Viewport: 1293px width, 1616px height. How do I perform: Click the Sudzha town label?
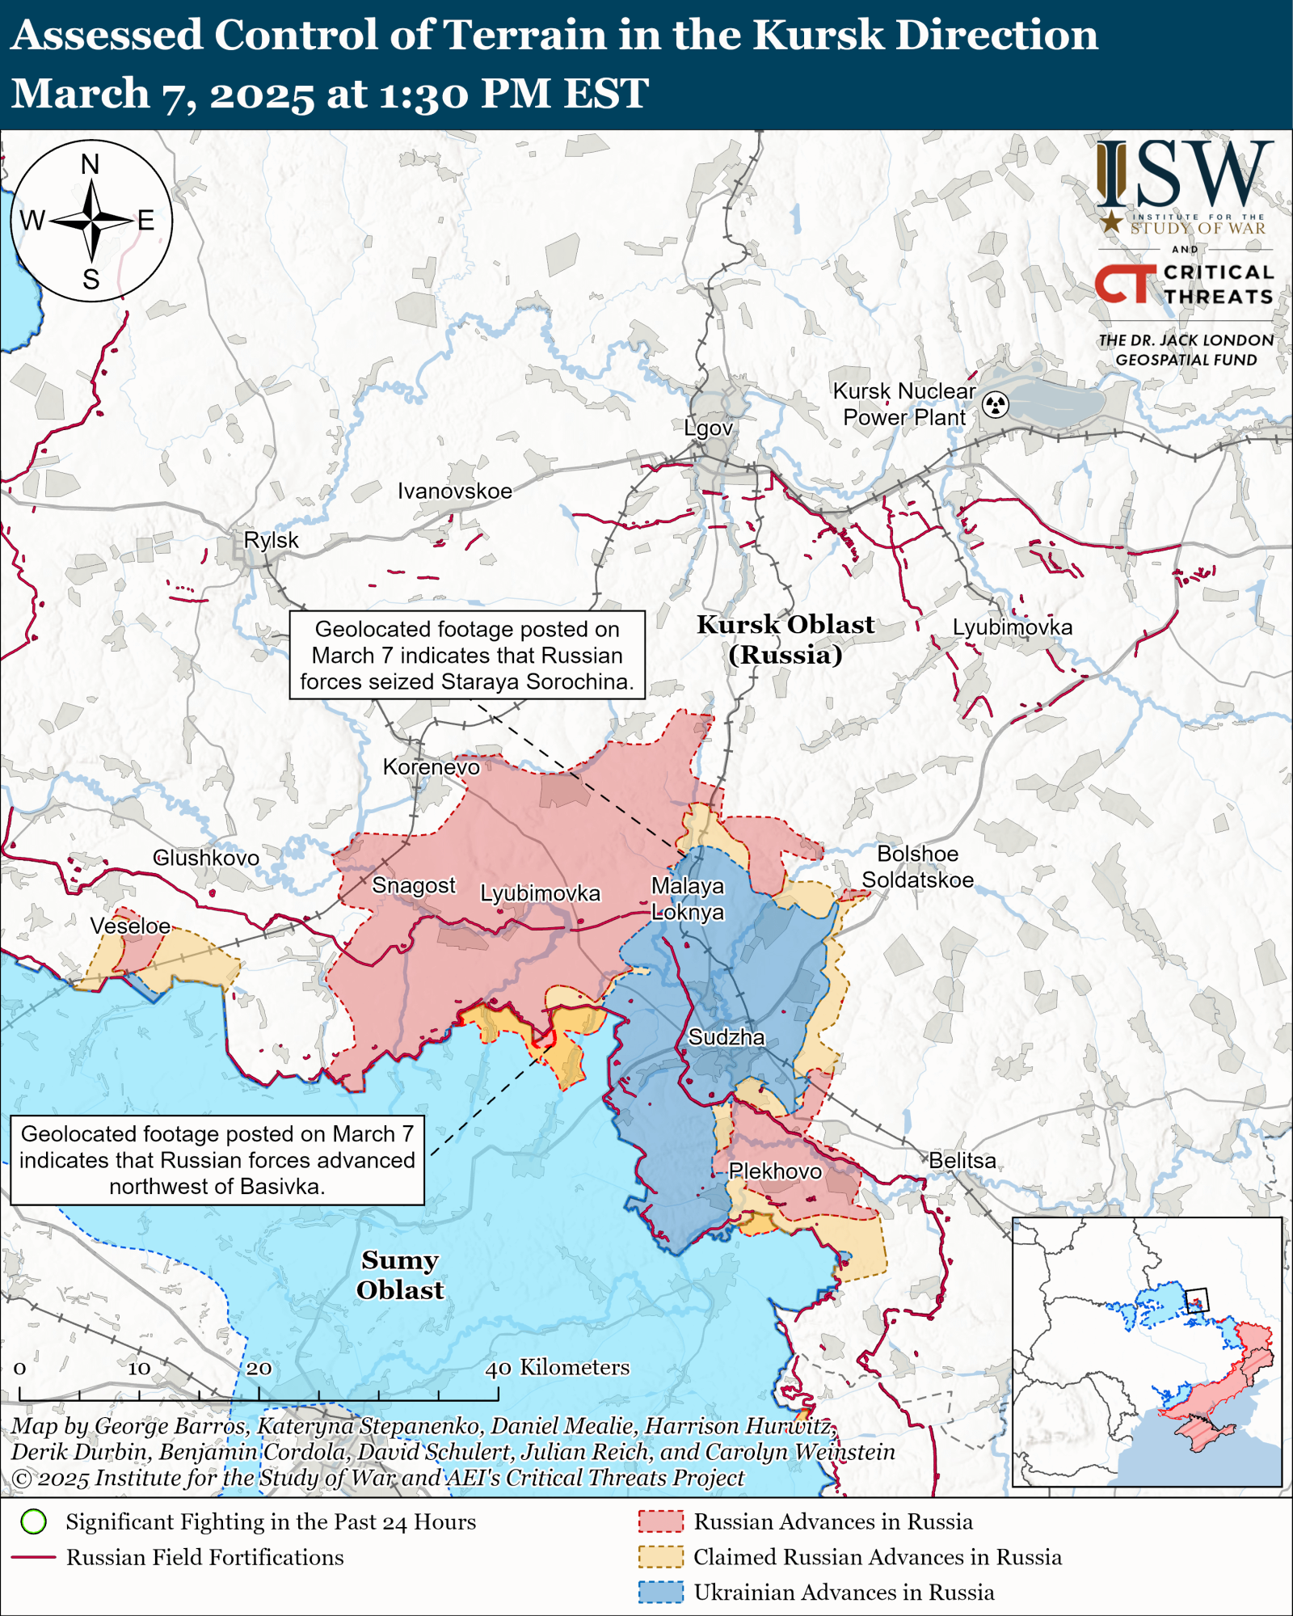click(x=726, y=1037)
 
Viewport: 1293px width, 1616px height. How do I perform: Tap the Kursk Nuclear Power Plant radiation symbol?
click(x=996, y=404)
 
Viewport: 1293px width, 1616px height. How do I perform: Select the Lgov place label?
click(x=708, y=428)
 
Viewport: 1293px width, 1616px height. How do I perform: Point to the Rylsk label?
click(x=271, y=540)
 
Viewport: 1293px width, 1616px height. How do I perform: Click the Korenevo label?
click(x=431, y=766)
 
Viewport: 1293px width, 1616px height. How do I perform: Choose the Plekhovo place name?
click(x=774, y=1171)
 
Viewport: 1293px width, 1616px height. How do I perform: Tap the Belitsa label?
click(x=962, y=1161)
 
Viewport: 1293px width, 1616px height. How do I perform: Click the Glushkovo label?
click(x=206, y=858)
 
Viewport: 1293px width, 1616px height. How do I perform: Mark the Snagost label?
click(x=413, y=885)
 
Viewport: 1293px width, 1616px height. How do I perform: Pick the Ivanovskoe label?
click(x=454, y=491)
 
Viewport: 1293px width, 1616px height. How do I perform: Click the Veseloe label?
click(x=130, y=926)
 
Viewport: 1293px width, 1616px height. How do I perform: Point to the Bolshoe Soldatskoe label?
click(x=917, y=867)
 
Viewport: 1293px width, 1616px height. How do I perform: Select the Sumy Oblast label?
click(x=400, y=1275)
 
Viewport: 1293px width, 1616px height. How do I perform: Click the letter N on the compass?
click(x=91, y=165)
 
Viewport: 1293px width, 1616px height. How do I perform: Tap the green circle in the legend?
click(x=34, y=1522)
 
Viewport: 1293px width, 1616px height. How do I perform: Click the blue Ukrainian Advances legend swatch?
click(x=660, y=1593)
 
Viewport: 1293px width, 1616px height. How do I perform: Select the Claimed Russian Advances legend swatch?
click(x=660, y=1557)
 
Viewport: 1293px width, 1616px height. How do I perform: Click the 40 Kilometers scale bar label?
click(x=557, y=1367)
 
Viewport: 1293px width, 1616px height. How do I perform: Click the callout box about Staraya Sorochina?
click(x=467, y=655)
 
